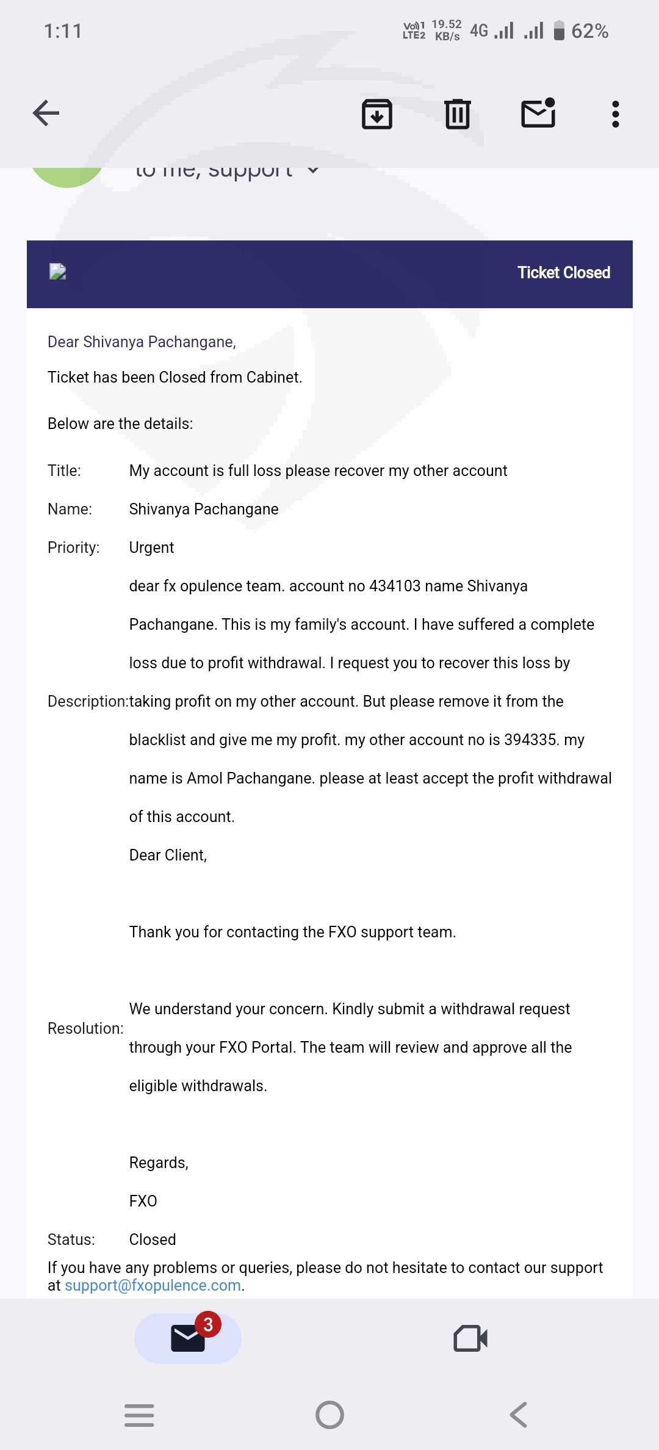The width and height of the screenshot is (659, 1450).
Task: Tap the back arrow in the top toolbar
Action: point(46,114)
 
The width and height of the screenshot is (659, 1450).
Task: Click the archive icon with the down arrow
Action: point(377,114)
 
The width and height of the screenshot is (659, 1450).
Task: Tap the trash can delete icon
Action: point(457,114)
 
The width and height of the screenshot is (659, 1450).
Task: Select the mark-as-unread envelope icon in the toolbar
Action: point(538,114)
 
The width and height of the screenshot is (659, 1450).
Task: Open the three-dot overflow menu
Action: point(615,114)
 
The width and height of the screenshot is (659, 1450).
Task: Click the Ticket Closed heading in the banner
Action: point(563,273)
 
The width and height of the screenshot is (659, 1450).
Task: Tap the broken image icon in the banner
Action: point(58,272)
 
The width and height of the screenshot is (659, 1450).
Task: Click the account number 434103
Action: point(395,586)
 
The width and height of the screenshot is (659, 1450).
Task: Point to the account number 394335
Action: point(530,740)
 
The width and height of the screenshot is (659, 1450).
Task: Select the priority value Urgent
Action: point(151,547)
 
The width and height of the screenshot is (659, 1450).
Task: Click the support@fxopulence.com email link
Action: point(153,1285)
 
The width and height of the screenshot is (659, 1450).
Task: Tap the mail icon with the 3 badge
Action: point(187,1339)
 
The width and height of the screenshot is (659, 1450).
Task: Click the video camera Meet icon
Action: point(470,1339)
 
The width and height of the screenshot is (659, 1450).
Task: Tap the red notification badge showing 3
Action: point(208,1324)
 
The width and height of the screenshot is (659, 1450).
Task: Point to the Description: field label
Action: point(88,701)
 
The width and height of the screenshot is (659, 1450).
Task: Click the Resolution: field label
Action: point(85,1028)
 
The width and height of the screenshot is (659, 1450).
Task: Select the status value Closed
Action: point(153,1239)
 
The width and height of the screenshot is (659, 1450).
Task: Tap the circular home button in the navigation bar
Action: point(329,1415)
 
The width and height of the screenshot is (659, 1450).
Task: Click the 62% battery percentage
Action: point(589,31)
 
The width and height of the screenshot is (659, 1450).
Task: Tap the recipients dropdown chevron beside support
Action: point(313,170)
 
